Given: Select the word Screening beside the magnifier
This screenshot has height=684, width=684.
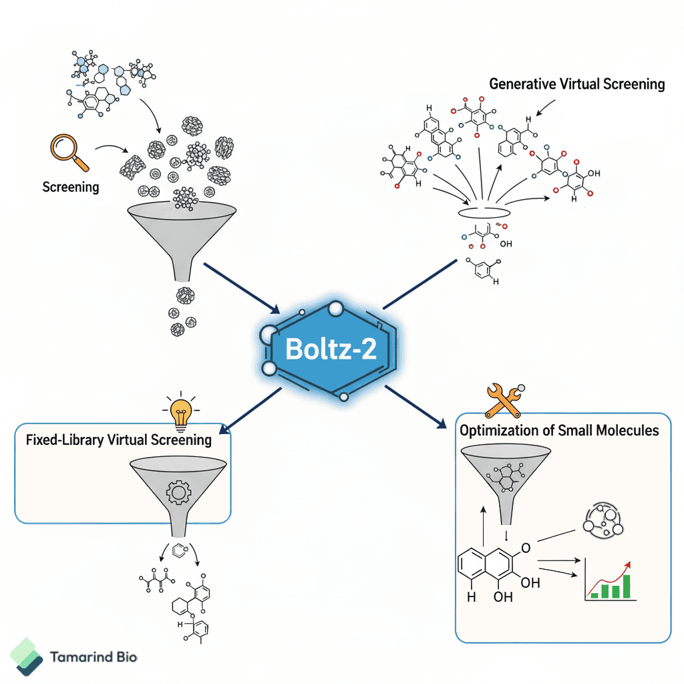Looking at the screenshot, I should pyautogui.click(x=70, y=186).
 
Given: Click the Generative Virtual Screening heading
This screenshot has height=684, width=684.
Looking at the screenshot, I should pyautogui.click(x=576, y=84).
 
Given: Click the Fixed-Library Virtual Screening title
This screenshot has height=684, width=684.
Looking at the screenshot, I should pyautogui.click(x=118, y=440).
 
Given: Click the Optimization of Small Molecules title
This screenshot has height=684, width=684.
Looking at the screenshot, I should pyautogui.click(x=559, y=430).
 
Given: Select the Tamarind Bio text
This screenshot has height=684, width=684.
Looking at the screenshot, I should pyautogui.click(x=94, y=657).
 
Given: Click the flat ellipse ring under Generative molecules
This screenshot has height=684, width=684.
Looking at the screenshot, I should pyautogui.click(x=485, y=212).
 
